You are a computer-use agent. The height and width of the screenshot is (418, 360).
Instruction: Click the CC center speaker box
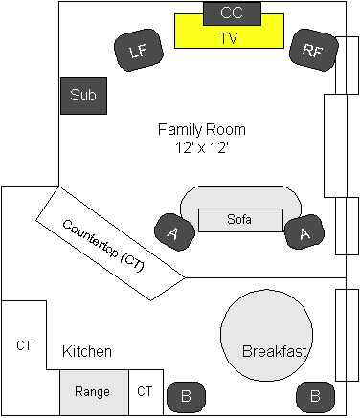tap(232, 13)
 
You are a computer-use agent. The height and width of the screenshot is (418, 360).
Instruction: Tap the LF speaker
tap(139, 50)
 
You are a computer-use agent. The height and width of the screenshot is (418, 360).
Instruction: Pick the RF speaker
tap(313, 50)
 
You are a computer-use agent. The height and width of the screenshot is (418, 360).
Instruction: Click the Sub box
tap(83, 96)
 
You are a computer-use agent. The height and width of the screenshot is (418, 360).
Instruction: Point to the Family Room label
tap(202, 130)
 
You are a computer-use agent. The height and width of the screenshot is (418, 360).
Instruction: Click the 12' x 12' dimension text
tap(202, 147)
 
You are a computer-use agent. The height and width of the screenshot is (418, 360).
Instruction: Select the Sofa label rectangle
tap(240, 220)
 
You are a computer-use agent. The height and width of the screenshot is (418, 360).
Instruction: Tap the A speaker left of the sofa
tap(174, 232)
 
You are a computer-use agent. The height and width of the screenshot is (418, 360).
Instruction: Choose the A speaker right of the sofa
tap(304, 231)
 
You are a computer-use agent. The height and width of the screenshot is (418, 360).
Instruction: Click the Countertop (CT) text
tap(103, 246)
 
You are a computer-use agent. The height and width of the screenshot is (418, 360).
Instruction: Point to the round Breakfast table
tap(266, 335)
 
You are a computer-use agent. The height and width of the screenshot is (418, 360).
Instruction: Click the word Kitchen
tap(87, 351)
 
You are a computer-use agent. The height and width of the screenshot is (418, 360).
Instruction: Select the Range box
tap(94, 392)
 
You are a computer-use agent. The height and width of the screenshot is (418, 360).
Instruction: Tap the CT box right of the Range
tap(146, 392)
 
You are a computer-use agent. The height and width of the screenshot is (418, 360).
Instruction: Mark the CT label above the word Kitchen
tap(24, 345)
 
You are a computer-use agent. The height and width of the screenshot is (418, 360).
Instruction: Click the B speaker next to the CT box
tap(186, 397)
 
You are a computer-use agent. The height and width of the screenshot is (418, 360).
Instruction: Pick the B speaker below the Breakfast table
tap(315, 397)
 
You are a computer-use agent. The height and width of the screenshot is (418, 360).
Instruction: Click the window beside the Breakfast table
tap(347, 335)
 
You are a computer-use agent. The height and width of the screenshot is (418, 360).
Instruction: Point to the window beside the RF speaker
tap(347, 65)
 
